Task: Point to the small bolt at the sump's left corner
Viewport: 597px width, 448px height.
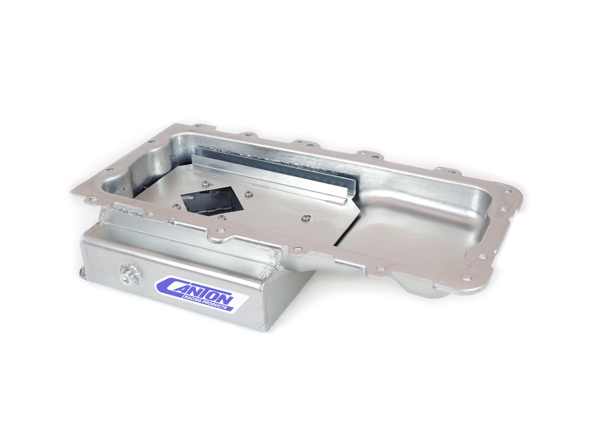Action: click(82, 273)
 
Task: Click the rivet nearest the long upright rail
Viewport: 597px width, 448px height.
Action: click(248, 194)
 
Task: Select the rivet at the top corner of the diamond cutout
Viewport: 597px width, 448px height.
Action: click(206, 185)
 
